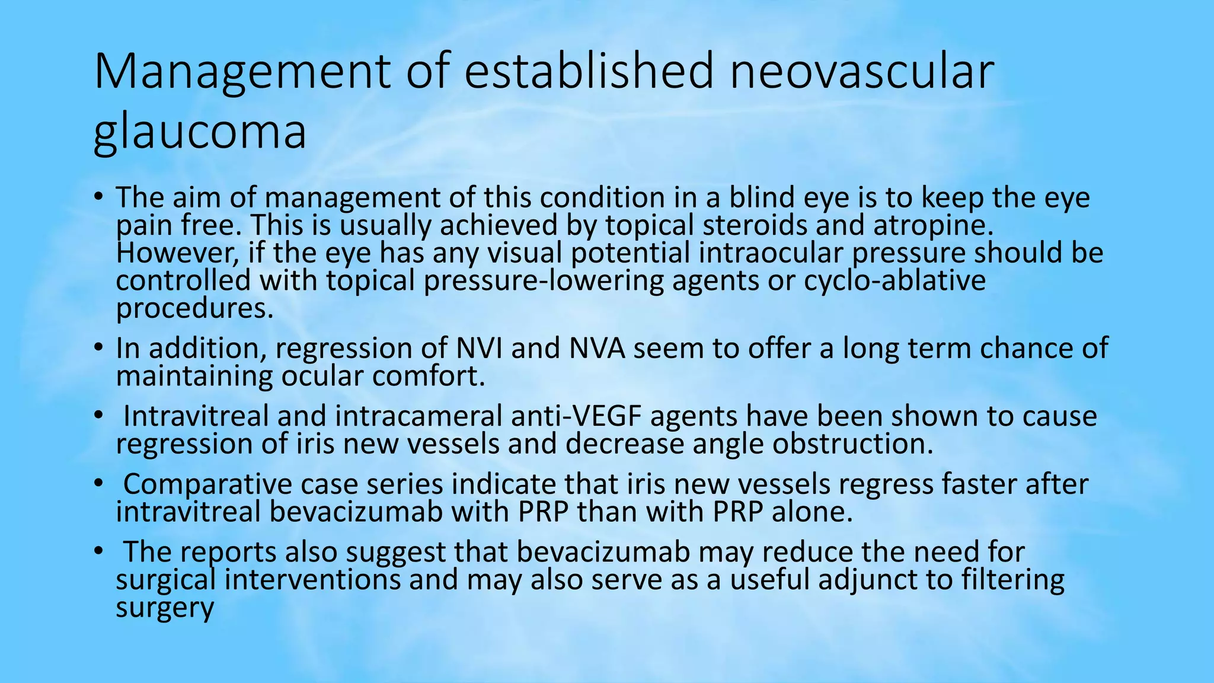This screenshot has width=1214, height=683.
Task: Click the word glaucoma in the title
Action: (200, 132)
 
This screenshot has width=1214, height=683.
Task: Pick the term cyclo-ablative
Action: (894, 280)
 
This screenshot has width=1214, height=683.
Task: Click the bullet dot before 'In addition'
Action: (98, 347)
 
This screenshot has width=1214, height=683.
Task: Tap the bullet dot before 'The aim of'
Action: (98, 197)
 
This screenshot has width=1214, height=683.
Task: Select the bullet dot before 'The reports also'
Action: (98, 551)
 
